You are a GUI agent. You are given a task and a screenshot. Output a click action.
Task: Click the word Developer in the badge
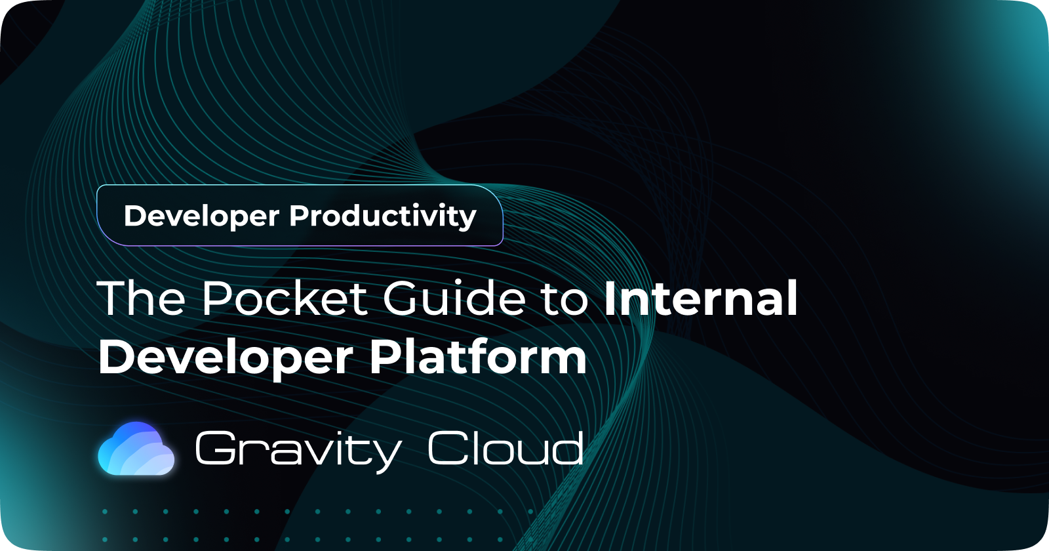pos(201,216)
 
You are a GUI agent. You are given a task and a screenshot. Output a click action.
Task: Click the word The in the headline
pos(142,298)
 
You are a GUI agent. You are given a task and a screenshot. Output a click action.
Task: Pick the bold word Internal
pos(700,298)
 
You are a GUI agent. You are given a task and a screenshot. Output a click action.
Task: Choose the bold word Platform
pos(477,357)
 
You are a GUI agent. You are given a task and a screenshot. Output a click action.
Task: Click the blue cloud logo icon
pos(136,449)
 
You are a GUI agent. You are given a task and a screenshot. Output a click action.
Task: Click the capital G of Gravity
pos(216,449)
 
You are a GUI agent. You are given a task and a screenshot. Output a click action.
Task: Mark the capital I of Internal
pos(610,298)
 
